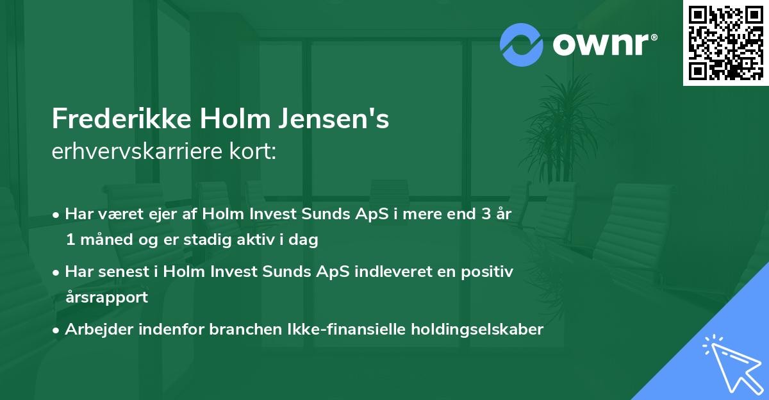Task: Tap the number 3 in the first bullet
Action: pyautogui.click(x=476, y=213)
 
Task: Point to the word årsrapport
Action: pyautogui.click(x=106, y=297)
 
